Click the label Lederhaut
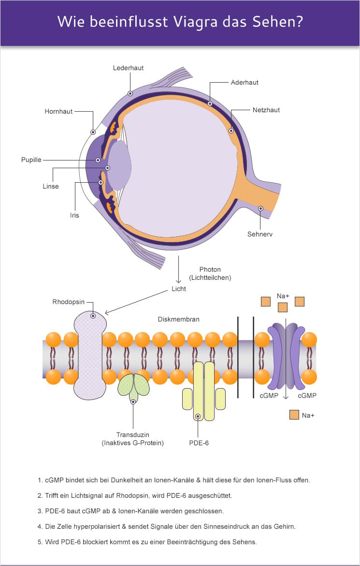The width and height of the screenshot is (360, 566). point(128,68)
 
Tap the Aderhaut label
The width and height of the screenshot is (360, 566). point(245,82)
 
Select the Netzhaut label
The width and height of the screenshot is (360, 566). point(266,110)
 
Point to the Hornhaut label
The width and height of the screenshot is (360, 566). point(58,111)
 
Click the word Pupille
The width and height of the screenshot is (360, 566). point(31,160)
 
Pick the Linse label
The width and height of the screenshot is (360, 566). point(51,186)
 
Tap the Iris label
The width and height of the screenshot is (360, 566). point(74,215)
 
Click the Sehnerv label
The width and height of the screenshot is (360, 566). point(260,234)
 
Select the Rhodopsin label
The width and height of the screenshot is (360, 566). point(69,302)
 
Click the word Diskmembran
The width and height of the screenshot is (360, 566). point(179,319)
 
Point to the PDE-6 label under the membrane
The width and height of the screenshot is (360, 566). point(199,442)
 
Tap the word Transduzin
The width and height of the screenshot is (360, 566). point(133,434)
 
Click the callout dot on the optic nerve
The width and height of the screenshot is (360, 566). point(260,209)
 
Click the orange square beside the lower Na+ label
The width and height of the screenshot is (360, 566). point(294,414)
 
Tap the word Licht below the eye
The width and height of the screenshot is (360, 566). point(179,289)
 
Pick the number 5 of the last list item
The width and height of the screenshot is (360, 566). point(40,541)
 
